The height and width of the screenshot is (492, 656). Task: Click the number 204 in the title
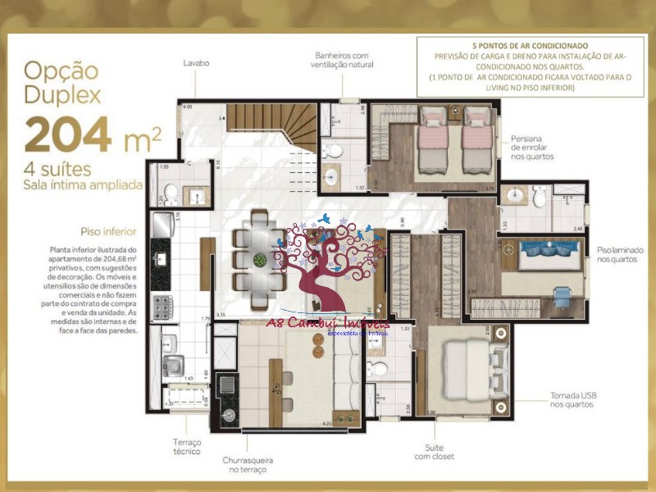click(x=68, y=134)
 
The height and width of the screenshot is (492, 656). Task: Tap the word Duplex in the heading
click(x=63, y=94)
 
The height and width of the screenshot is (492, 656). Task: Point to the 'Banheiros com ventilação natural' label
click(x=344, y=60)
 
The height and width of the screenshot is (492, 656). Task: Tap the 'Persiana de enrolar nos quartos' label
click(x=532, y=147)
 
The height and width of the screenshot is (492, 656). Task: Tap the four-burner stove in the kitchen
click(x=162, y=307)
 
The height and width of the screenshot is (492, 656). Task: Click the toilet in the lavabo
click(x=171, y=194)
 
